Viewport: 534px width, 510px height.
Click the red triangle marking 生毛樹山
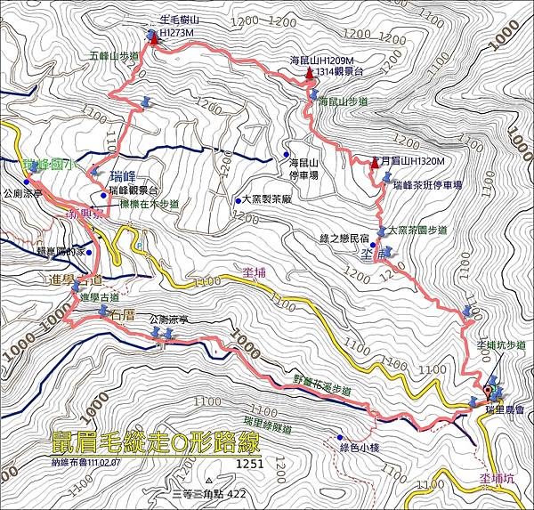[x=154, y=38]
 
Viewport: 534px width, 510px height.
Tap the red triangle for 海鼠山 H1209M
[x=310, y=74]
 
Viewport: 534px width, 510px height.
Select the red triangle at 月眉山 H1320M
[x=376, y=161]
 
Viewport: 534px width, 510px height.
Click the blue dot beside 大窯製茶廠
[x=239, y=200]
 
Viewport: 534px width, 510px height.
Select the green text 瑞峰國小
[x=50, y=165]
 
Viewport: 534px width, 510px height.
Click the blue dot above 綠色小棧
[x=340, y=437]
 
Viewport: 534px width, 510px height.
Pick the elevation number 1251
[x=250, y=464]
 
